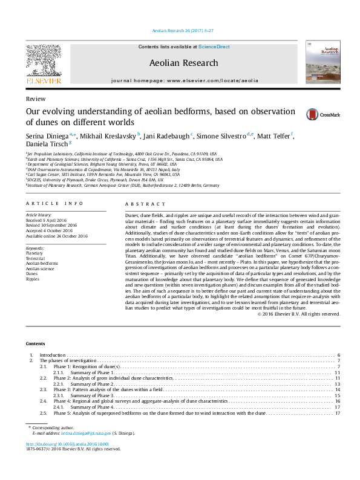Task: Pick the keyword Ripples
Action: coord(33,279)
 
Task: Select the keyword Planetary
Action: coord(34,253)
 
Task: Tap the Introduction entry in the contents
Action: coord(52,355)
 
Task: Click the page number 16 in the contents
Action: coord(338,401)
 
